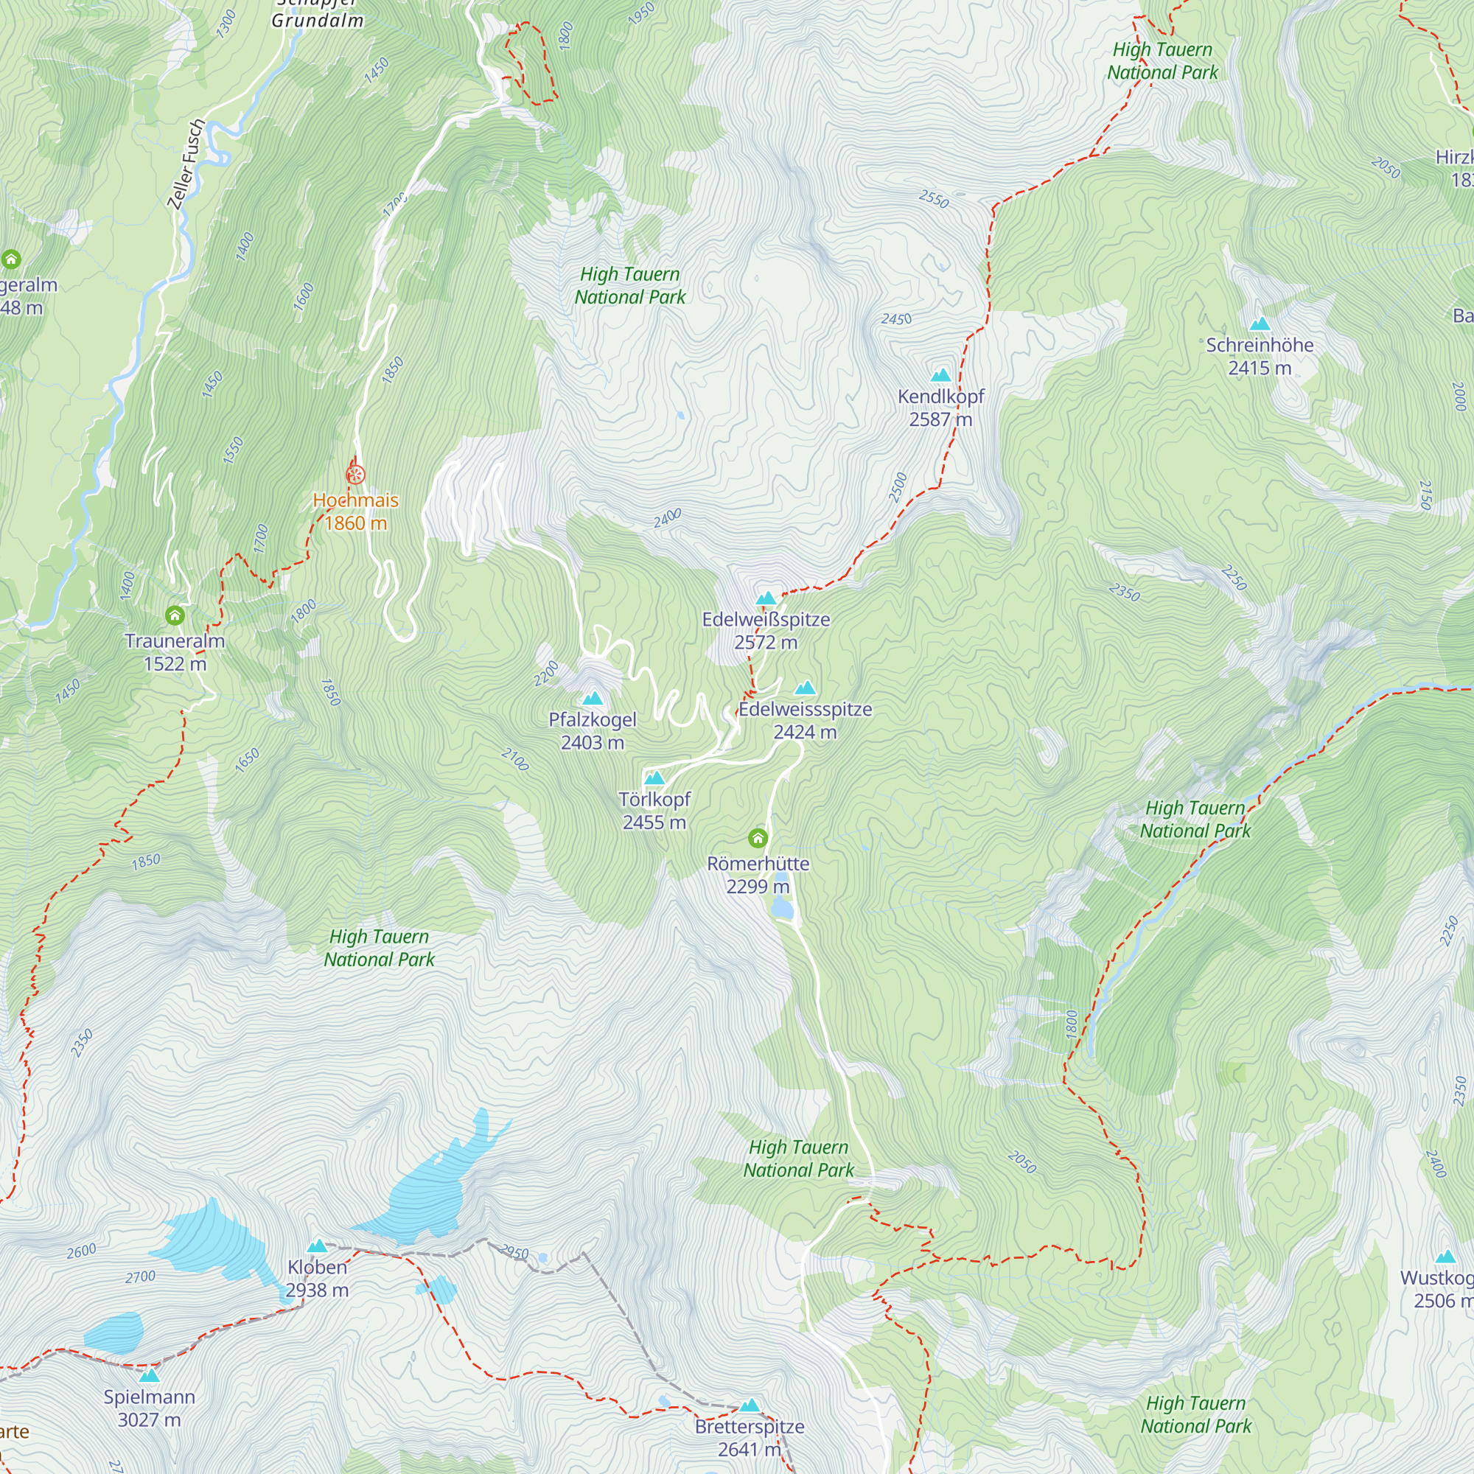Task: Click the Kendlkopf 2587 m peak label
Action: [940, 408]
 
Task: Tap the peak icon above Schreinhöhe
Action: [1260, 324]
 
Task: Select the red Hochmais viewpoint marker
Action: [355, 475]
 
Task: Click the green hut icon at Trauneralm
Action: [175, 615]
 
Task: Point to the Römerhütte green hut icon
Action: [758, 839]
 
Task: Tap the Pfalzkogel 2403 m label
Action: [592, 730]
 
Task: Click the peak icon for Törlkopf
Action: [654, 778]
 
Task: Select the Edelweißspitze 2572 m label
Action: [766, 630]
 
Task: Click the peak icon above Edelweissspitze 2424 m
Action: [805, 689]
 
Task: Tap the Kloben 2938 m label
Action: [317, 1278]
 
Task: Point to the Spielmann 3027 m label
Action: [150, 1408]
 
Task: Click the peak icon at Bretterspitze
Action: [750, 1405]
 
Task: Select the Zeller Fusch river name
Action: [186, 164]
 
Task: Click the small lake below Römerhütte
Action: [783, 908]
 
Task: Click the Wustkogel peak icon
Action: [1445, 1257]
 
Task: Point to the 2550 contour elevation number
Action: [933, 200]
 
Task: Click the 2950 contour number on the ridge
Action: [514, 1253]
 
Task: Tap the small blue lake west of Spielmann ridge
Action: [114, 1331]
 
